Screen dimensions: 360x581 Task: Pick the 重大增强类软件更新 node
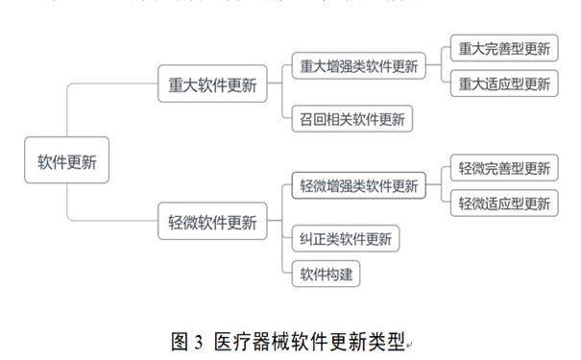(x=358, y=67)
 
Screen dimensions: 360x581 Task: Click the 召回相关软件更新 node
(x=351, y=120)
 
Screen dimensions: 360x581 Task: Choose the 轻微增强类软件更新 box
(x=358, y=185)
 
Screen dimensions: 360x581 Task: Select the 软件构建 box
(x=327, y=275)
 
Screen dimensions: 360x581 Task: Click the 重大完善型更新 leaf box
(x=504, y=49)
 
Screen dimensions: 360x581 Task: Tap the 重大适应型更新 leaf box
(x=504, y=84)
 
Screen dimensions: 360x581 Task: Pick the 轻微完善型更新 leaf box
(x=504, y=169)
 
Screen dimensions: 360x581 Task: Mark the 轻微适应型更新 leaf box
(x=504, y=204)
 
